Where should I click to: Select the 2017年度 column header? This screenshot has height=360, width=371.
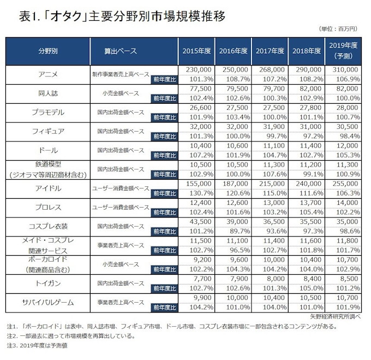tap(270, 51)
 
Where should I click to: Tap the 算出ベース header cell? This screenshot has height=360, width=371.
tap(120, 51)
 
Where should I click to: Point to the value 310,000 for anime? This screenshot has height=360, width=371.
tap(343, 70)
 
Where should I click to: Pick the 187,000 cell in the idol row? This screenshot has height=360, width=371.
tap(234, 185)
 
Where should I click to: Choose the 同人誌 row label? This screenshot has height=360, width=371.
tap(47, 93)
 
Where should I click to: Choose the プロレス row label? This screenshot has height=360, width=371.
tap(47, 208)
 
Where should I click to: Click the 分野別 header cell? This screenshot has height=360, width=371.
tap(47, 51)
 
